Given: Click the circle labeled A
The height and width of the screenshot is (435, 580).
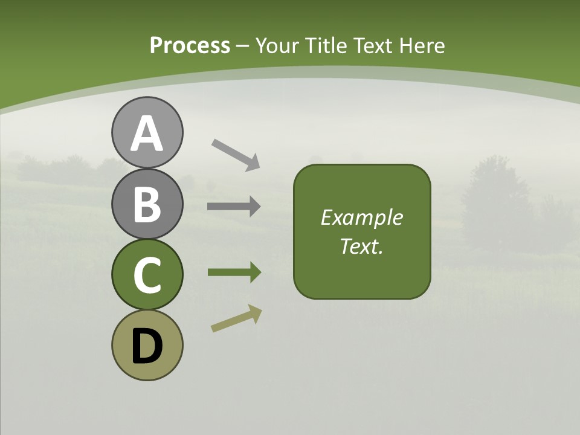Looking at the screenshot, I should tap(147, 132).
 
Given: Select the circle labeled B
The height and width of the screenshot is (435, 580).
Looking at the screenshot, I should tap(147, 204).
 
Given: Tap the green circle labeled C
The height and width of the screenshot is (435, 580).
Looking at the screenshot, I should tap(147, 274).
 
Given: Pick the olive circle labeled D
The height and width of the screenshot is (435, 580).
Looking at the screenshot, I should tap(147, 346).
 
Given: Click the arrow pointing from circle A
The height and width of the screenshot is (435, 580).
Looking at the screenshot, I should tap(236, 154).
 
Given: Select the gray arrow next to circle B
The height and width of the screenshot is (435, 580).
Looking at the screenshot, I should tap(234, 207).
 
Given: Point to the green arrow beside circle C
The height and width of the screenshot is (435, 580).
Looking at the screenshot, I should tap(234, 272).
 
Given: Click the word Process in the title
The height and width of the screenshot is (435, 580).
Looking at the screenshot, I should tap(190, 45).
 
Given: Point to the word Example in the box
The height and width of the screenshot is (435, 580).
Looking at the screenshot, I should tap(361, 217).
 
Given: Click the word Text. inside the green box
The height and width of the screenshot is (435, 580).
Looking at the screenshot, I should tap(361, 246).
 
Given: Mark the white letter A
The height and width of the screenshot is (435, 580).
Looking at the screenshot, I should tap(147, 134).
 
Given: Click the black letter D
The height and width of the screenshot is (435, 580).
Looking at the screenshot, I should tap(147, 346).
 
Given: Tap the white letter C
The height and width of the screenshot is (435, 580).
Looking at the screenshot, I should tap(147, 275).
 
